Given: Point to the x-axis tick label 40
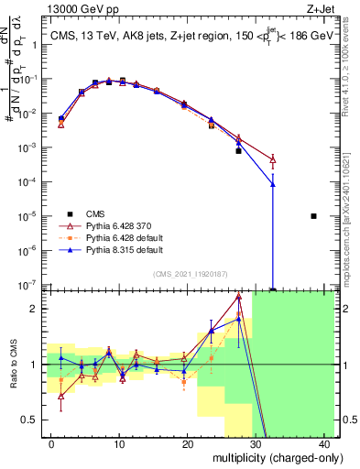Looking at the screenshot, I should click(x=325, y=443).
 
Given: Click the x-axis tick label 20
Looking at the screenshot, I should click(x=188, y=443).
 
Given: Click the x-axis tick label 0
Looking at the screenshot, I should click(x=51, y=443).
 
